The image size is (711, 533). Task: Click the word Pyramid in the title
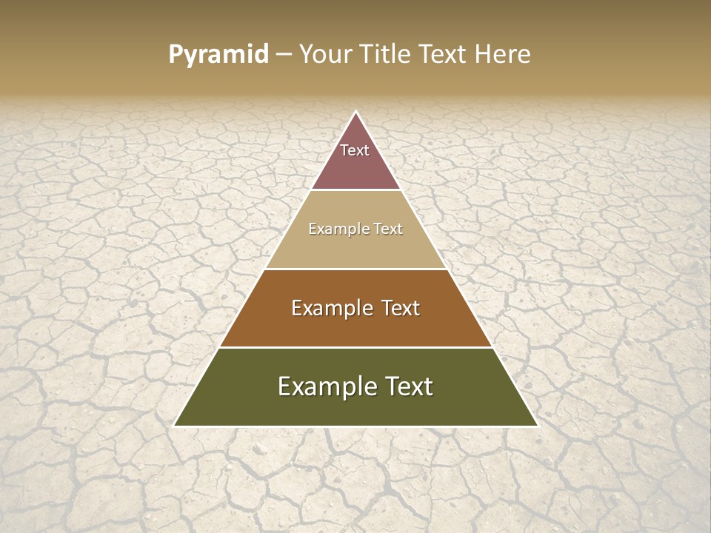218,55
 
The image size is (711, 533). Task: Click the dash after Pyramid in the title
284,55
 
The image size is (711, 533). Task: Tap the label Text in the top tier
355,150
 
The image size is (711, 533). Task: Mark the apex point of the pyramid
356,112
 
